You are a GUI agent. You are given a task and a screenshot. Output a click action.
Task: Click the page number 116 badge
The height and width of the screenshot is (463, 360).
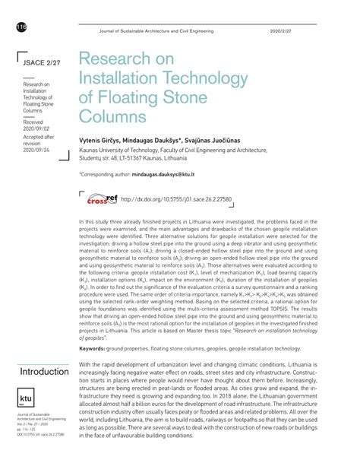(x=20, y=28)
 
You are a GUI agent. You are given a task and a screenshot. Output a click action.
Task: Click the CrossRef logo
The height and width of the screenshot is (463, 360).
(x=97, y=199)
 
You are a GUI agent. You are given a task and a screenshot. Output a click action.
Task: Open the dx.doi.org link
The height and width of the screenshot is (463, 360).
(x=175, y=201)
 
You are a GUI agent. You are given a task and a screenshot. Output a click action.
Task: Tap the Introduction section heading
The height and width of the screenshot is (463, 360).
(x=44, y=372)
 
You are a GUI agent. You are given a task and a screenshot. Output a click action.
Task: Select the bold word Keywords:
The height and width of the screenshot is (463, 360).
(x=96, y=348)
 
